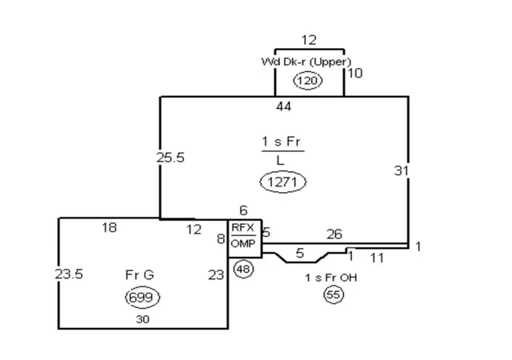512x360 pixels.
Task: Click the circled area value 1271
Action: point(282,182)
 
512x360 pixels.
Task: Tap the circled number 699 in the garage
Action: point(142,298)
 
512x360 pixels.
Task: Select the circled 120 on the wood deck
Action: point(308,80)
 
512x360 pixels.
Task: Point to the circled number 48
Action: point(243,269)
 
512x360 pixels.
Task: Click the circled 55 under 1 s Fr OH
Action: point(334,294)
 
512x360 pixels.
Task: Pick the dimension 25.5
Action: point(170,158)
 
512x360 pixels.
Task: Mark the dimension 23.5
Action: point(69,274)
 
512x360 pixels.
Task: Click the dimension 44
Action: point(283,106)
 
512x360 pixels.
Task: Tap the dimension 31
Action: point(402,170)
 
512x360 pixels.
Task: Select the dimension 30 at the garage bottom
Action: point(142,319)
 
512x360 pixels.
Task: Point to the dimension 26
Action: point(334,234)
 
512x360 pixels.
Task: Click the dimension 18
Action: point(109,227)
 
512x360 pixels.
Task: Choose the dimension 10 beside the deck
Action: point(355,73)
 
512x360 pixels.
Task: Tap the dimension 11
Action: point(377,258)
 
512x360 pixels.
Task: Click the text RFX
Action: point(242,228)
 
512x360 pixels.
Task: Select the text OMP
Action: point(243,243)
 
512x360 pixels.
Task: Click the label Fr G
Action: point(139,274)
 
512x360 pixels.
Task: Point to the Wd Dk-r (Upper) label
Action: point(306,62)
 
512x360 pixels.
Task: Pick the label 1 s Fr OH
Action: point(330,278)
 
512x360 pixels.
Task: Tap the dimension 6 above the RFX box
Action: point(243,210)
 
